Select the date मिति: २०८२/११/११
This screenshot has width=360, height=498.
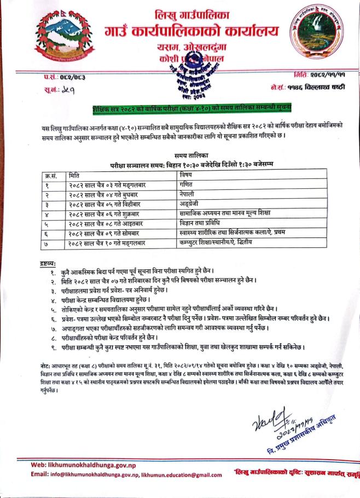coord(320,73)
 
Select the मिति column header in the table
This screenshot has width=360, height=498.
coord(74,175)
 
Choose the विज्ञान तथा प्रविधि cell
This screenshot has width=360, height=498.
coord(200,223)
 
